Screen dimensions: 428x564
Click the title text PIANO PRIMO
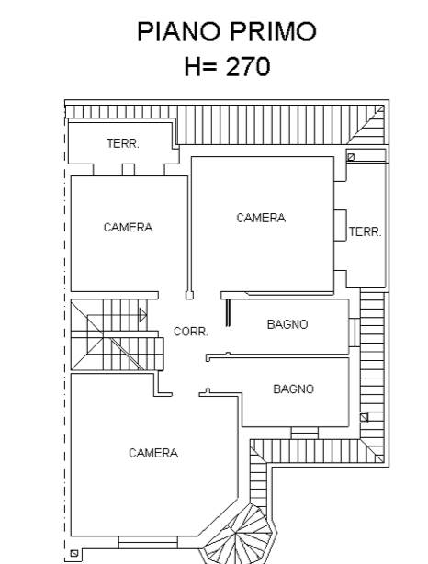(x=227, y=31)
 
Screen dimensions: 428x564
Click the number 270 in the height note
(x=248, y=66)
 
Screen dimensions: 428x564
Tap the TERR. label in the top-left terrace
(x=123, y=143)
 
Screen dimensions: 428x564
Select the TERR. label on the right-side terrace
(x=365, y=231)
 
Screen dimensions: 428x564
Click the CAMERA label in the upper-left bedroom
(x=128, y=227)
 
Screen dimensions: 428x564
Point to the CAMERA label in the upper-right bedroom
(x=261, y=218)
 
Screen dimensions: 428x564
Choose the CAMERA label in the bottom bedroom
(x=153, y=453)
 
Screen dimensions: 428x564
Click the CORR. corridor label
(x=191, y=332)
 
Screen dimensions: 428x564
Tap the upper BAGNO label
(x=287, y=324)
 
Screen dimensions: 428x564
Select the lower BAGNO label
(x=294, y=389)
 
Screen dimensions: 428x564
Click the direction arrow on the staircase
(x=143, y=315)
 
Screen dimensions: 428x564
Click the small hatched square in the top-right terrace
(x=351, y=157)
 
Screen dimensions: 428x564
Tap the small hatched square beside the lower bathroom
(x=364, y=418)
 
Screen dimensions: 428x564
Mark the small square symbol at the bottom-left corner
(x=74, y=553)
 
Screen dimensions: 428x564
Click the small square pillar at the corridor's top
(x=189, y=295)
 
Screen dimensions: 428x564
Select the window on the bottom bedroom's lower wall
(x=148, y=543)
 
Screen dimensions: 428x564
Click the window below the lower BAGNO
(x=304, y=433)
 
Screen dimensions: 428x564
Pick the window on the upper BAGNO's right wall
(x=354, y=333)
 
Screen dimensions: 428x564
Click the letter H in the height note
(x=192, y=67)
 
